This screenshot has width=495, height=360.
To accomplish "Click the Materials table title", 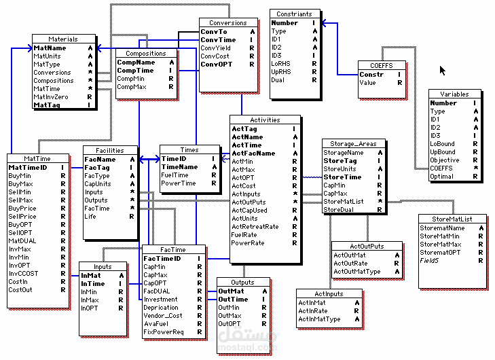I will point(63,39).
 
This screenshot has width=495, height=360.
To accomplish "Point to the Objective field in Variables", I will point(444,160).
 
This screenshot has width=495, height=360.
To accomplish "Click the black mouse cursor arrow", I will point(443,70).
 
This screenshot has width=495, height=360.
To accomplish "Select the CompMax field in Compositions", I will point(131,87).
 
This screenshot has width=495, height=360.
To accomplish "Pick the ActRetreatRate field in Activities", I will point(255,226).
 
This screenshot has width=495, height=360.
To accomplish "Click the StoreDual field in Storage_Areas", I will point(337,210).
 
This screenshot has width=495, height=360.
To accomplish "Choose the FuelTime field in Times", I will point(175,175).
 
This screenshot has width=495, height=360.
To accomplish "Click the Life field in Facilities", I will point(90,217).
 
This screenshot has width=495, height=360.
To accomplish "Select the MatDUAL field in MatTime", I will point(22,241).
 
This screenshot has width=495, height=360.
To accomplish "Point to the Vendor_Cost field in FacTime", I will point(163,316).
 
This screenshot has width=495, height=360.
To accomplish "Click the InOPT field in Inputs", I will point(89,308).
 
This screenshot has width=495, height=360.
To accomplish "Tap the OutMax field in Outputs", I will point(229,316).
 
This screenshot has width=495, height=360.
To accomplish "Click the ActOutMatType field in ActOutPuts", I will point(356,272).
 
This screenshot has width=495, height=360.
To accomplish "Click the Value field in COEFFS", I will point(367,83).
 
